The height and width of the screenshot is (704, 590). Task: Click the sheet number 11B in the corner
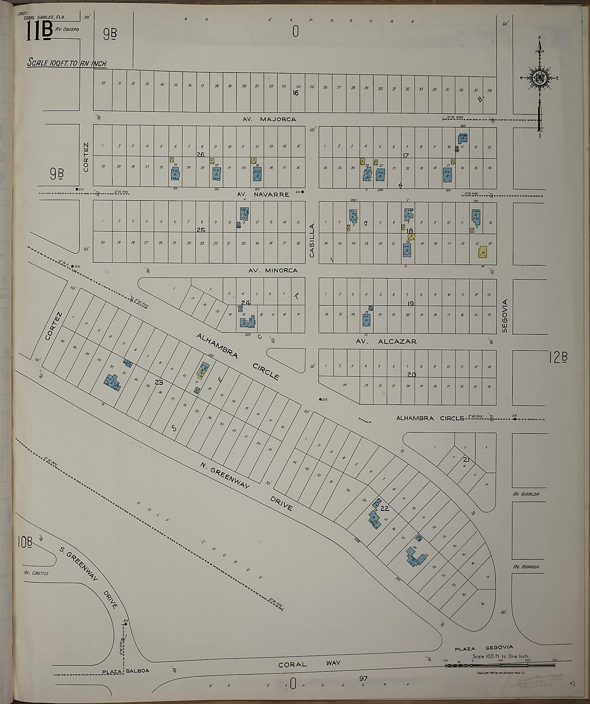[x=39, y=32]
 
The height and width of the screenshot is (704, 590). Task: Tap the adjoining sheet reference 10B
[x=24, y=544]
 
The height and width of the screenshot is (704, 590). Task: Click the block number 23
[x=158, y=382]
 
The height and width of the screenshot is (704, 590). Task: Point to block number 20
[x=411, y=375]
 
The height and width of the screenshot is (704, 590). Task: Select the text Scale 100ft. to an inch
[x=67, y=63]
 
